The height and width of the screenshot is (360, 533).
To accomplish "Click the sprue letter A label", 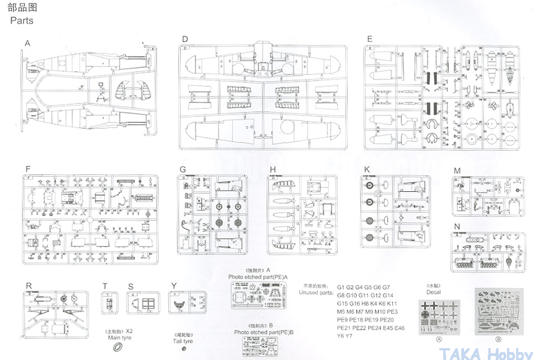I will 27,43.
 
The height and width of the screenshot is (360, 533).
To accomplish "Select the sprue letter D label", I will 185,39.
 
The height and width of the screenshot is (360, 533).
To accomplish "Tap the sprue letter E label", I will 369,39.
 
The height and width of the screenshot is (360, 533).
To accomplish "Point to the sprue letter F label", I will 27,169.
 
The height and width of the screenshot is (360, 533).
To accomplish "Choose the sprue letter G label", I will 182,169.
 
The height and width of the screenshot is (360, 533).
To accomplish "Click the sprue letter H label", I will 273,169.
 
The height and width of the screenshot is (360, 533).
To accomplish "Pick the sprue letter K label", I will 367,169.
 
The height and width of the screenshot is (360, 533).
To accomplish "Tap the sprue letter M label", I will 457,171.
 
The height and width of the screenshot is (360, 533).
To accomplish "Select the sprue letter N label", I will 457,227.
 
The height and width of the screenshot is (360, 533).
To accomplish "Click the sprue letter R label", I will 28,286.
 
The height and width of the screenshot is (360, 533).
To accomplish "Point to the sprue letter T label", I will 105,286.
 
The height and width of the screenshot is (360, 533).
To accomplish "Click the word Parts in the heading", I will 21,21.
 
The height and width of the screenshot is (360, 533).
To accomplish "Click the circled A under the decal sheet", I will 437,340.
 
